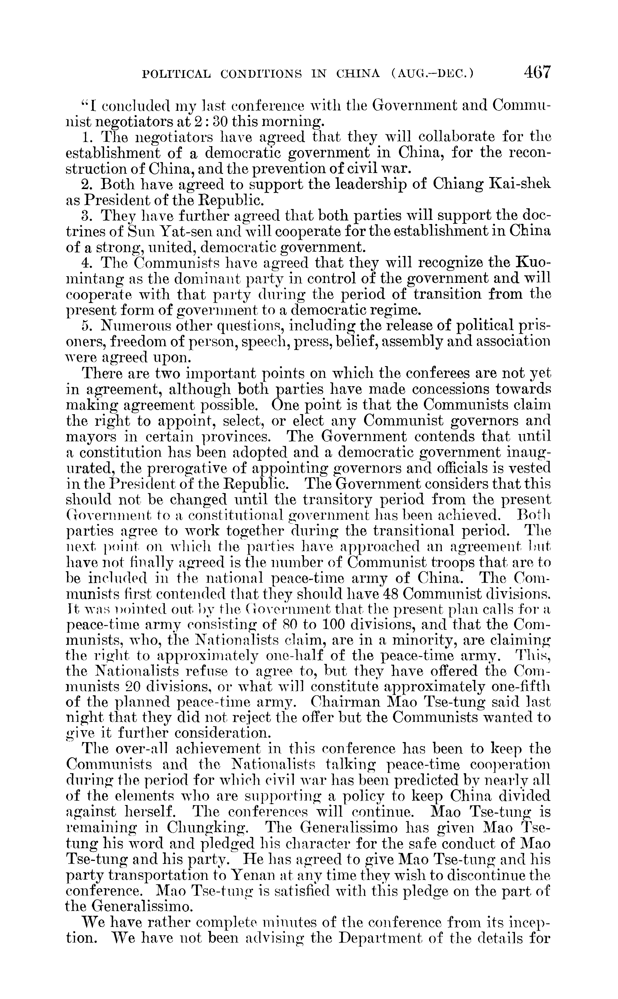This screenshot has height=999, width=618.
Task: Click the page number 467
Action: point(536,72)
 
